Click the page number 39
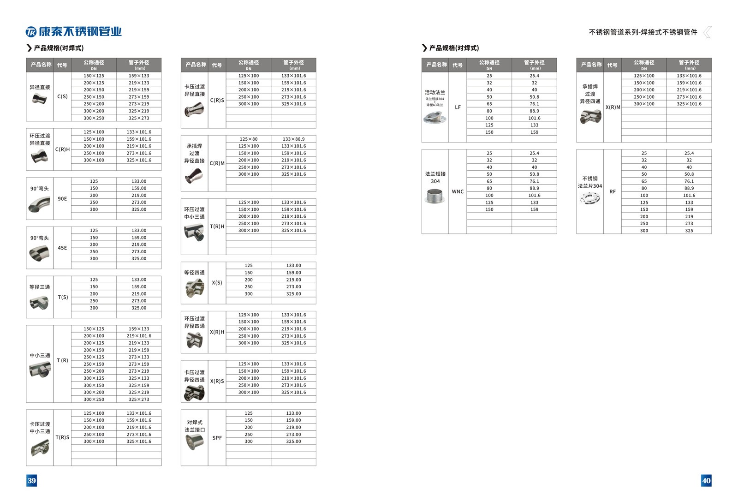point(31,481)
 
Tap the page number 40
point(706,481)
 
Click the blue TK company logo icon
point(31,32)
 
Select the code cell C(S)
point(62,97)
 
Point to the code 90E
point(62,199)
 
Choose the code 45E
point(62,248)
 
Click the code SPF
point(217,438)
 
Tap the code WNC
point(458,192)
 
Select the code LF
point(458,107)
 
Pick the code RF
point(612,192)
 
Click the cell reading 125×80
point(249,139)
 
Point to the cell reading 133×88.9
point(293,139)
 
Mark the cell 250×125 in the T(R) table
point(94,357)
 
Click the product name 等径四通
point(194,273)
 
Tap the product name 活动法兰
point(435,92)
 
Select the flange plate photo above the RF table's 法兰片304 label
point(589,198)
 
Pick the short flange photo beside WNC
point(434,196)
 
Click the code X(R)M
point(613,107)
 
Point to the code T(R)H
point(217,227)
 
